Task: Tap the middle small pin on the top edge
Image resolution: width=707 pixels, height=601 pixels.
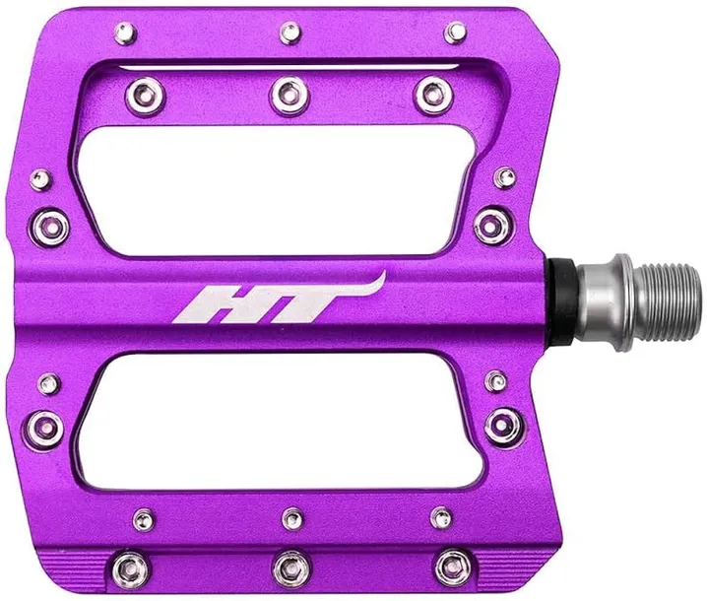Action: pos(290,33)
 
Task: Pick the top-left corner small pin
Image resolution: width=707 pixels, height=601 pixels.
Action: pos(126,33)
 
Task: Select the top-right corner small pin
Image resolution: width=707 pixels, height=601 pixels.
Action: pos(456,32)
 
